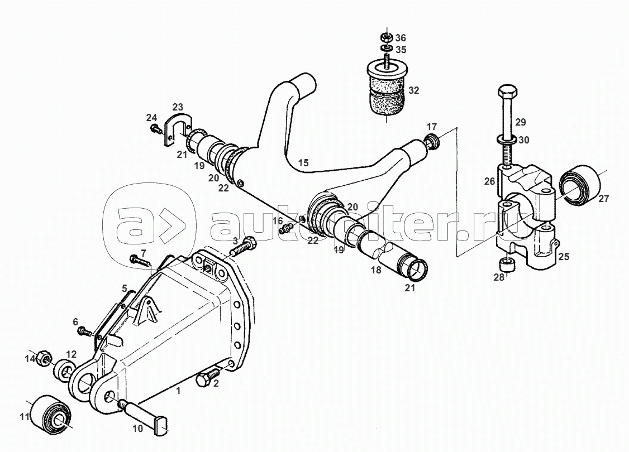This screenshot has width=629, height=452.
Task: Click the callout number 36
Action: coord(401,38)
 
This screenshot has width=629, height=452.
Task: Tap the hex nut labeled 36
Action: coord(385,38)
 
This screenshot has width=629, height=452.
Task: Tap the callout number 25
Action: coord(564,257)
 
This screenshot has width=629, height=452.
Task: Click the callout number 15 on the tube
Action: coord(303,163)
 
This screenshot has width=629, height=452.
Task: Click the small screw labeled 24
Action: coord(155,130)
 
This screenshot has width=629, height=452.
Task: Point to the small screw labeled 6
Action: coord(85,331)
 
